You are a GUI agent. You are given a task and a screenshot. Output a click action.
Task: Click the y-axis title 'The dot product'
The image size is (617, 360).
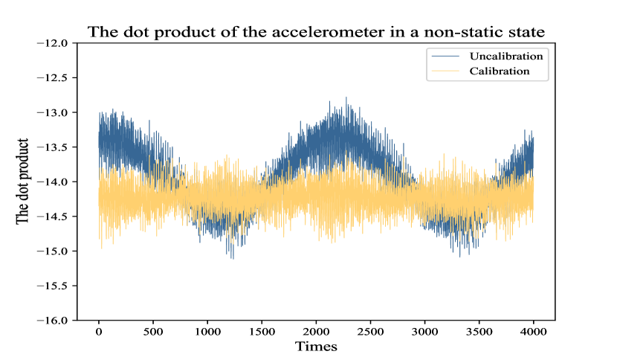click(23, 181)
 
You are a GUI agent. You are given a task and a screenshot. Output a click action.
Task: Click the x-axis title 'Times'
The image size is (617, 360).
click(316, 347)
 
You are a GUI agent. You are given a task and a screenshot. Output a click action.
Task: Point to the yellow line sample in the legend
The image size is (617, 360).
click(443, 71)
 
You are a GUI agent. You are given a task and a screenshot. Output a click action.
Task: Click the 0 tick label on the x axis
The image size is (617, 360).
click(99, 332)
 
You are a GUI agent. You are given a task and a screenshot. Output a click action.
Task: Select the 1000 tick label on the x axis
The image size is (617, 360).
click(207, 332)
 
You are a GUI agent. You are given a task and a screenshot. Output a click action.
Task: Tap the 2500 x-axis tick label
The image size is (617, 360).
click(370, 332)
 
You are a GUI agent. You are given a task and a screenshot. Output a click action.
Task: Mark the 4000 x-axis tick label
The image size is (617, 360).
click(533, 332)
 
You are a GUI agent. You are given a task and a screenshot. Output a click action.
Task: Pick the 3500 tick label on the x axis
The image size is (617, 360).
click(479, 332)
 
